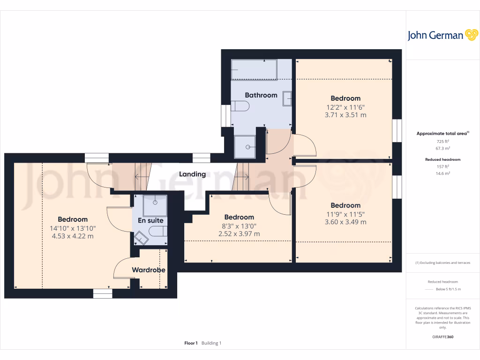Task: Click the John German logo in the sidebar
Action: click(442, 35)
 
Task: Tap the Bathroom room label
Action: click(261, 95)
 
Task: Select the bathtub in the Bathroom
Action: click(254, 69)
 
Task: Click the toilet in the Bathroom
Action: click(241, 106)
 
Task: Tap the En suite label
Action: click(150, 220)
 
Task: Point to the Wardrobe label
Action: click(148, 270)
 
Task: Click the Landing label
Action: click(193, 174)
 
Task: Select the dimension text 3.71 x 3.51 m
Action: click(345, 115)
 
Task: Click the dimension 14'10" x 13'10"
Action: click(73, 228)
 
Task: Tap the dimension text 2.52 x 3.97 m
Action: click(239, 234)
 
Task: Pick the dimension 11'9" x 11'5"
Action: click(345, 214)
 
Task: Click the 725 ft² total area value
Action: click(442, 141)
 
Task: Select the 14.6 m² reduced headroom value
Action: click(442, 173)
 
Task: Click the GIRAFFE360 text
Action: click(442, 337)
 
